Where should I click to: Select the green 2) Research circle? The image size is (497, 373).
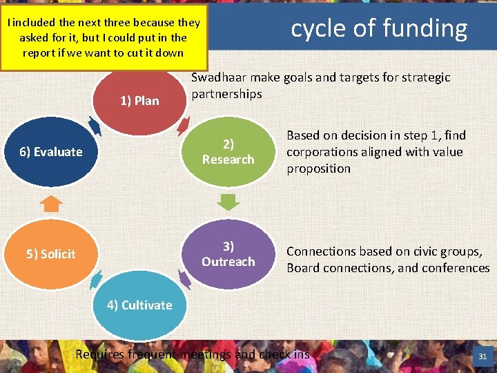[228, 151]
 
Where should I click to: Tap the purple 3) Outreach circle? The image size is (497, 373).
[228, 254]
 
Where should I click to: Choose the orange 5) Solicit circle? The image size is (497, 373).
[51, 254]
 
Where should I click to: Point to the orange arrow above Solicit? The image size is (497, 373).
[51, 203]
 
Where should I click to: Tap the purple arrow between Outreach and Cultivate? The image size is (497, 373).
[184, 279]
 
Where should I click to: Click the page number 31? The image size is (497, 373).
[482, 357]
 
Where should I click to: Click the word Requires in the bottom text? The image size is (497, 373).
[100, 354]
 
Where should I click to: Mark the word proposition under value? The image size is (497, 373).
[318, 169]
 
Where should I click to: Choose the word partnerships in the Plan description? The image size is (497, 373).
[226, 94]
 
